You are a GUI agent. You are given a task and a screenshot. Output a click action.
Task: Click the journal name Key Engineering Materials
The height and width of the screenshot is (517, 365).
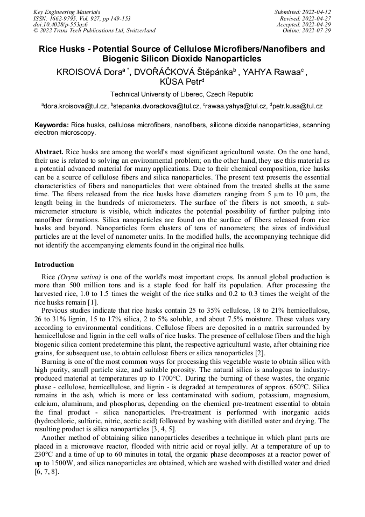click(x=67, y=12)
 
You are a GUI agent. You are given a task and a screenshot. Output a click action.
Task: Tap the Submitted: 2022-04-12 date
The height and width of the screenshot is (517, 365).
click(x=303, y=12)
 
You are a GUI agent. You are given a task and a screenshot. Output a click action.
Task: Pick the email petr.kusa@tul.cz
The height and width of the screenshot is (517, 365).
click(x=298, y=107)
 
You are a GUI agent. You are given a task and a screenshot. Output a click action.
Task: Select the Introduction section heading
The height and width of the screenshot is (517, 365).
click(x=54, y=265)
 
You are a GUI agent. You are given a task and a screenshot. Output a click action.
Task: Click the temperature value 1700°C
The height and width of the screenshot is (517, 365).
click(x=212, y=373)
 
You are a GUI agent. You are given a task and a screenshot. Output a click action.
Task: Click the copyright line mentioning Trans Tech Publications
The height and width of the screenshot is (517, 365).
click(x=94, y=31)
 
